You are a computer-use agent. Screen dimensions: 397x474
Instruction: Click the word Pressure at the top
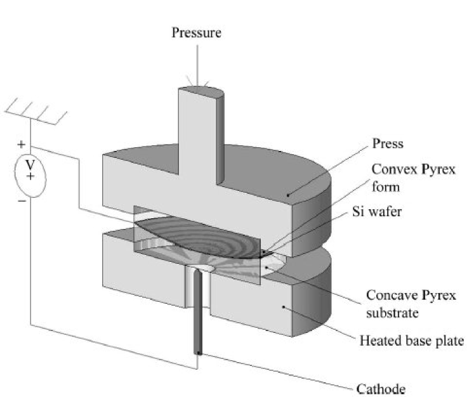[197, 33]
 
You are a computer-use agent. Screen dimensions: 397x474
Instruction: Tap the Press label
[388, 144]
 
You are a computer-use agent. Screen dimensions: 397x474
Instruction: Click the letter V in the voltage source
[29, 164]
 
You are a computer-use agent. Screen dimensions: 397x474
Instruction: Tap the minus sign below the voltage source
[22, 201]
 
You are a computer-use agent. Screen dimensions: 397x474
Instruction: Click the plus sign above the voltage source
[22, 144]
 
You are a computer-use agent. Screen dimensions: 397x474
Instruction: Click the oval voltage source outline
[30, 172]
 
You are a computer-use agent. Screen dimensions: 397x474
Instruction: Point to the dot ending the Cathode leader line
[199, 353]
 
